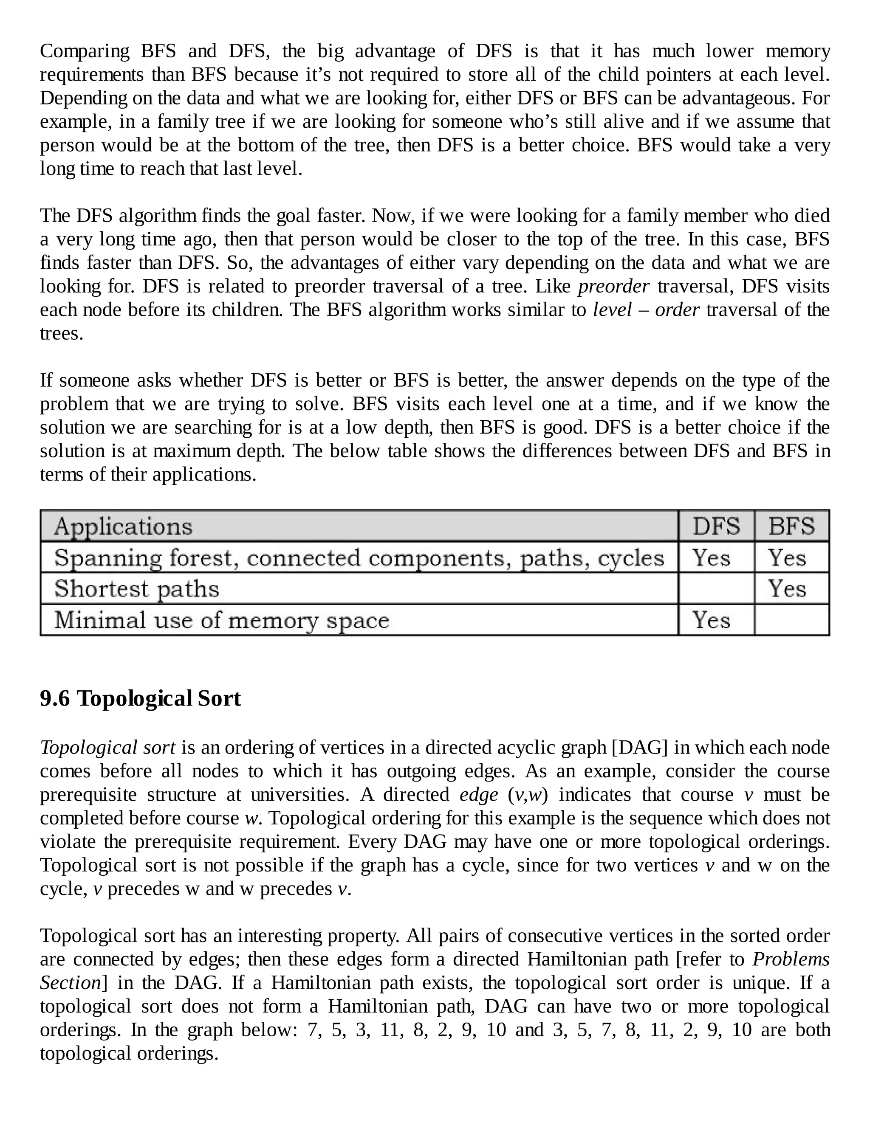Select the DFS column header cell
(716, 526)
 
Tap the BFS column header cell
(792, 526)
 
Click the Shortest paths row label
(137, 589)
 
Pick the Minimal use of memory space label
(222, 620)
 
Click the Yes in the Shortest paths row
(787, 589)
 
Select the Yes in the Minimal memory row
(711, 620)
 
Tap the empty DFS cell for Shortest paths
(716, 589)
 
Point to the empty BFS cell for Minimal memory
(792, 620)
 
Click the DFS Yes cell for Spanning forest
(711, 558)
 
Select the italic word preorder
(613, 287)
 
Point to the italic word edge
(478, 795)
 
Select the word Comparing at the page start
(85, 51)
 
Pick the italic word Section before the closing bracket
(70, 983)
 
